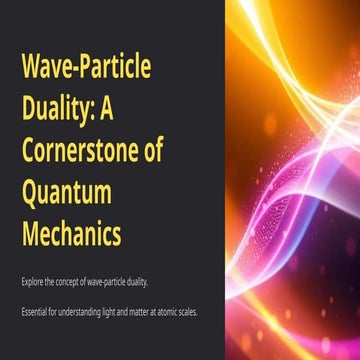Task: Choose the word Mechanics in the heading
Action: pos(71,236)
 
